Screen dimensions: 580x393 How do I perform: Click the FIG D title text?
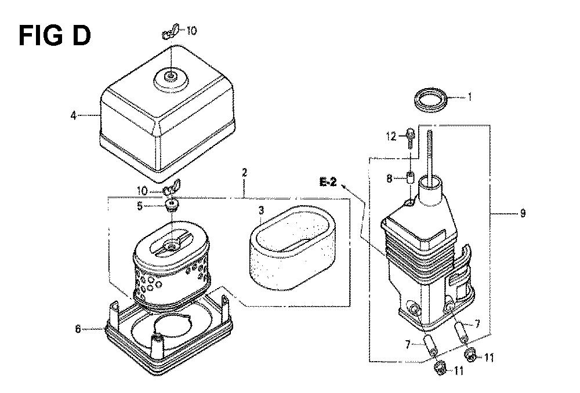click(x=55, y=36)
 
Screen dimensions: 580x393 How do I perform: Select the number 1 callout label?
click(x=469, y=97)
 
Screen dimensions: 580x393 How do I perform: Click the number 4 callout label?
click(x=74, y=116)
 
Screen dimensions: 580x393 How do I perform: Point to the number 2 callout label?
click(x=244, y=173)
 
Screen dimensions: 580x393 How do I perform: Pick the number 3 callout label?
click(x=262, y=211)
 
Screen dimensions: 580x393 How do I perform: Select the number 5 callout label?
click(x=140, y=206)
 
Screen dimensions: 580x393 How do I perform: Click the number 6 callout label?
click(x=78, y=329)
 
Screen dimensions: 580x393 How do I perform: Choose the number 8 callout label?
click(x=389, y=179)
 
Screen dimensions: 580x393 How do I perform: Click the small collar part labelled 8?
click(x=410, y=178)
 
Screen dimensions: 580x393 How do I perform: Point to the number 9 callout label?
click(x=523, y=213)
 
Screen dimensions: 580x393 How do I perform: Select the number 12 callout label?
click(x=391, y=136)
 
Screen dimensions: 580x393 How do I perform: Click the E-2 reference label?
click(x=328, y=182)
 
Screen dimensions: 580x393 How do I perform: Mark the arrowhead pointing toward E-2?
click(x=344, y=186)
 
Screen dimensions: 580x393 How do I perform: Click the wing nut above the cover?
click(x=171, y=32)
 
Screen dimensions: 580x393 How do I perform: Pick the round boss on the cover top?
click(x=171, y=80)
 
